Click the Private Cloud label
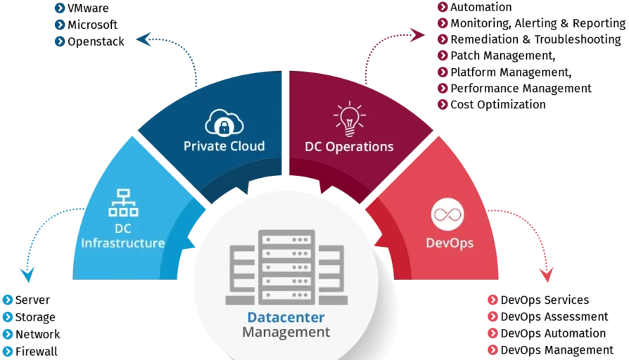click(224, 146)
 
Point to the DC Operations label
click(349, 147)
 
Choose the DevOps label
click(450, 243)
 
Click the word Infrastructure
click(123, 243)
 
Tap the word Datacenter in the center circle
click(286, 317)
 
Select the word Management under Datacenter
click(286, 332)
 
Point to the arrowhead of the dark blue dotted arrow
click(142, 39)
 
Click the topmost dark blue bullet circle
click(60, 8)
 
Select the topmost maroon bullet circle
click(443, 7)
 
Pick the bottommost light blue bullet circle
click(8, 349)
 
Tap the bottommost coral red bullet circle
click(493, 349)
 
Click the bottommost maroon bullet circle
click(443, 104)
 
